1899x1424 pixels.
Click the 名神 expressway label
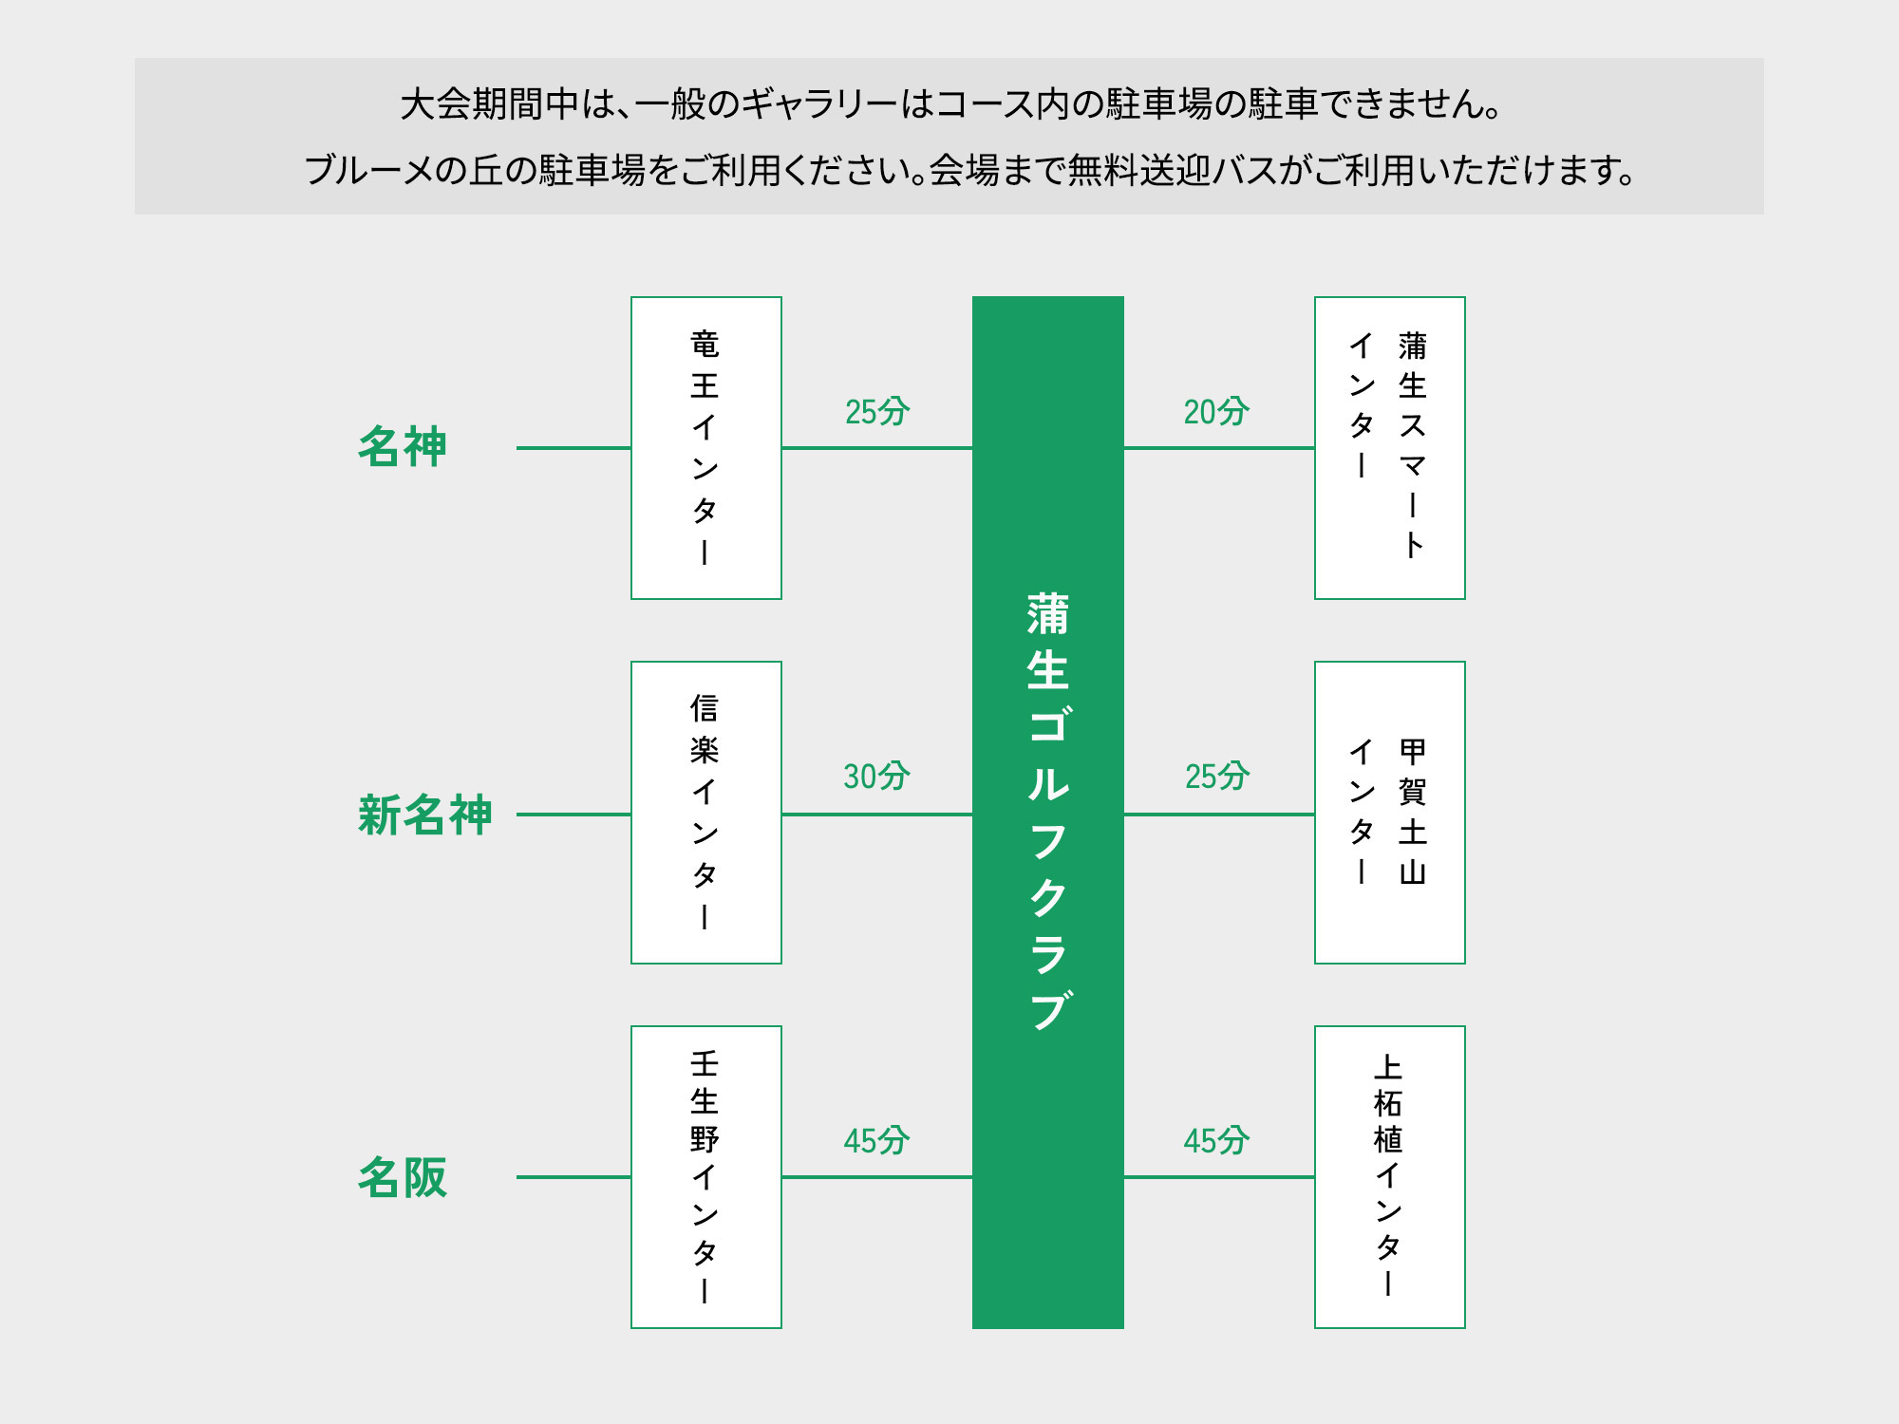point(402,447)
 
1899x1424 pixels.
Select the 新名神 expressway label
point(424,815)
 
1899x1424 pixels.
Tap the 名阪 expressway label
point(402,1177)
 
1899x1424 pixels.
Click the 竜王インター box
point(705,448)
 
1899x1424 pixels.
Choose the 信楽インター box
point(705,813)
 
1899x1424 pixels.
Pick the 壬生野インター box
point(705,1177)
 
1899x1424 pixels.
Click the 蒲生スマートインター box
point(1389,448)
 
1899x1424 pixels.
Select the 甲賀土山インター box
point(1389,813)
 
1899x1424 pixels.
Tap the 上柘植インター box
point(1389,1177)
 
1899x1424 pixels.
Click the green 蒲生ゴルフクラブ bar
point(1047,813)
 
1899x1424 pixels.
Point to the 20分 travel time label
point(1215,412)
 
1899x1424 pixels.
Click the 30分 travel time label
point(876,777)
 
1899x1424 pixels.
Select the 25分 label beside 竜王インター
point(876,412)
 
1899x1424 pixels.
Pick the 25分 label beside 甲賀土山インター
point(1216,777)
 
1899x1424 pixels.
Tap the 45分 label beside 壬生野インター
point(876,1141)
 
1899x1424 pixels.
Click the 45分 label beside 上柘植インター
point(1216,1141)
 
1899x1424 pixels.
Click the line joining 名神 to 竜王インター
point(573,448)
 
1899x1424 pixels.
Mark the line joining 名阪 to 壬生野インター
point(573,1177)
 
